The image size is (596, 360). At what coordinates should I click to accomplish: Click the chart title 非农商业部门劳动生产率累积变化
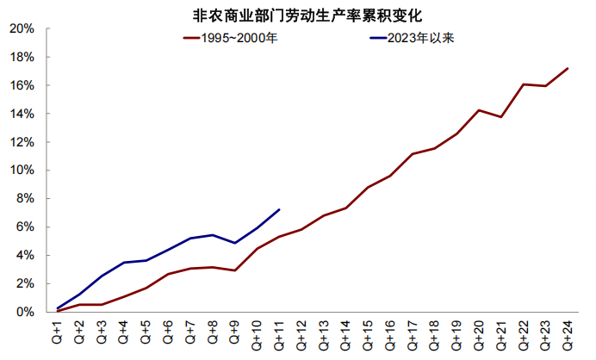click(x=301, y=15)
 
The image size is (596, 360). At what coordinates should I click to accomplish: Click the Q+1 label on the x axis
click(x=58, y=332)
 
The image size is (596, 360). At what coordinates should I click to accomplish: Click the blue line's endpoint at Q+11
click(x=279, y=209)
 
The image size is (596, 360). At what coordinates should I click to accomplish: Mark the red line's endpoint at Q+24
click(x=567, y=68)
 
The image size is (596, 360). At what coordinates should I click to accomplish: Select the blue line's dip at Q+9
click(x=235, y=243)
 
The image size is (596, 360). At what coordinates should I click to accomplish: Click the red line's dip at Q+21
click(x=500, y=116)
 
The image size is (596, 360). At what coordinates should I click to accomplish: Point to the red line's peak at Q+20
click(x=478, y=110)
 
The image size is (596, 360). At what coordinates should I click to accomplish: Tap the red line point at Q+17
click(x=412, y=154)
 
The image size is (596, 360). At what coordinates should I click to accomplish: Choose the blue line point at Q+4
click(x=124, y=263)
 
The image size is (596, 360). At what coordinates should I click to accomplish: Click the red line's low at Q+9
click(x=235, y=270)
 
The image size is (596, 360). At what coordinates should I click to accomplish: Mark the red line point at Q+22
click(x=523, y=84)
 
